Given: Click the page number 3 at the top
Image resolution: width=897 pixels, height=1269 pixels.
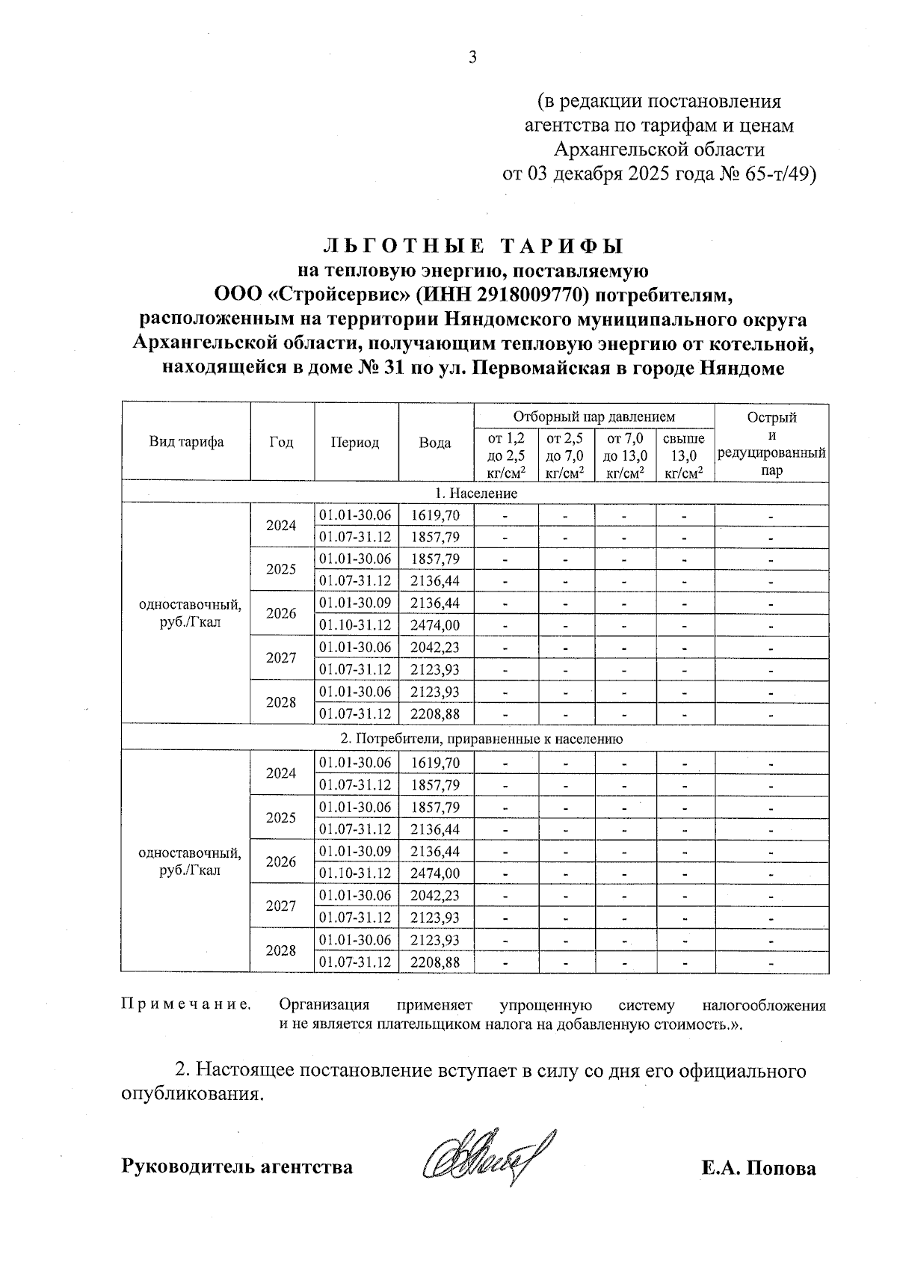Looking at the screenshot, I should click(x=472, y=58).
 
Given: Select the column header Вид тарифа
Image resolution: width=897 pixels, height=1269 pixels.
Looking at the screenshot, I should click(x=185, y=442).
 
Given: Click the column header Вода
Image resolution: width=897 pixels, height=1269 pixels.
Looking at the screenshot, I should click(x=435, y=443).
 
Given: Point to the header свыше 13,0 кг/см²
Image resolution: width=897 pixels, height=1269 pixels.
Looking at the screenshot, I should click(x=684, y=455).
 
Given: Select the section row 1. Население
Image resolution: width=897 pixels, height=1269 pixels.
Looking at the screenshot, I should click(x=475, y=494).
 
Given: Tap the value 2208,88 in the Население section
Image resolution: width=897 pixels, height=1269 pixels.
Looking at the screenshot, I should click(x=435, y=714).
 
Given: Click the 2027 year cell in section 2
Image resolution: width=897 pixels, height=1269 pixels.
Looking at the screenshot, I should click(x=281, y=906).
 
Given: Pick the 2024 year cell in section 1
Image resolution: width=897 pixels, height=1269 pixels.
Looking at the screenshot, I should click(x=281, y=526).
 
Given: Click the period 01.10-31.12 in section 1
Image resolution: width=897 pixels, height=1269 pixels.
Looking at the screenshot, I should click(x=355, y=625).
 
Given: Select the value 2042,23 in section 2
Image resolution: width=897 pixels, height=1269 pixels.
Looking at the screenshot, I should click(x=435, y=896).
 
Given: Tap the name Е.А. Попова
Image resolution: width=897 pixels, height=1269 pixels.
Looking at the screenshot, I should click(x=759, y=1168).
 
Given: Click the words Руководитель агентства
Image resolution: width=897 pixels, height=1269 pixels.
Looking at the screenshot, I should click(x=237, y=1167).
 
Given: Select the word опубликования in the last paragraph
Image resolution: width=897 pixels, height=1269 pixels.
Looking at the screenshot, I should click(x=193, y=1095).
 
